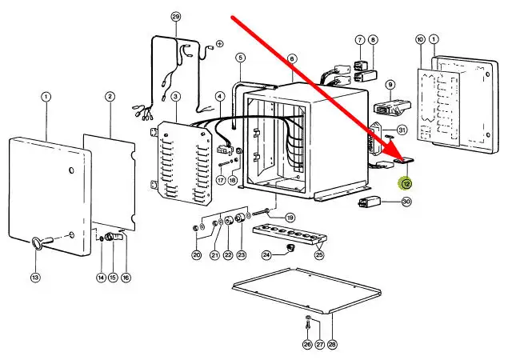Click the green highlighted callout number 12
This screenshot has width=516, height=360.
click(406, 183)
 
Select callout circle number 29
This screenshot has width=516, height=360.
click(176, 17)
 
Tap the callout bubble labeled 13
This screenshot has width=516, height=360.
click(34, 277)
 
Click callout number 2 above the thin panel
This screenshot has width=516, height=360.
click(110, 97)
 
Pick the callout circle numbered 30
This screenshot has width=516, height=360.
click(406, 202)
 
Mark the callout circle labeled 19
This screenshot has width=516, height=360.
click(290, 217)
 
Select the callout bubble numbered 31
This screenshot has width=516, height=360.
click(402, 130)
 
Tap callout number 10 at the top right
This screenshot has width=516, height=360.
click(419, 39)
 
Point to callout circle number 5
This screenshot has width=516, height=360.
click(239, 57)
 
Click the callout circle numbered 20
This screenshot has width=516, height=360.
click(196, 255)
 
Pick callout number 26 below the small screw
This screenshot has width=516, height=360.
click(307, 345)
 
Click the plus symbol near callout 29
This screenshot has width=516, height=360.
click(219, 43)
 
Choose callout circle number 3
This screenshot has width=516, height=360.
click(175, 97)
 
